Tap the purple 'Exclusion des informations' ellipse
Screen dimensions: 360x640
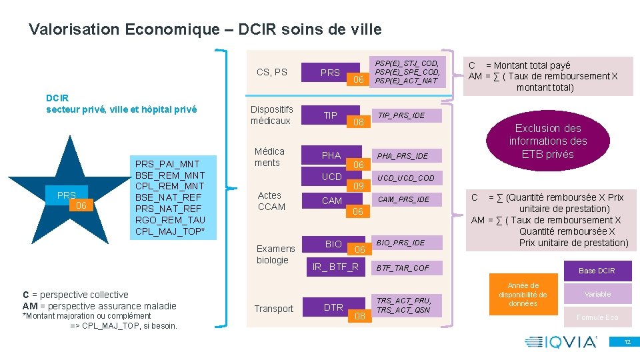[547, 141]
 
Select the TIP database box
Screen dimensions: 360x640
[331, 115]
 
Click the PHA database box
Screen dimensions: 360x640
[331, 155]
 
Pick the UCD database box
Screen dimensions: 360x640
[332, 177]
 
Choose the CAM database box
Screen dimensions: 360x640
[332, 200]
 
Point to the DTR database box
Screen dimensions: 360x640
[333, 307]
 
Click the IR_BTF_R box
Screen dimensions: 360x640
[336, 267]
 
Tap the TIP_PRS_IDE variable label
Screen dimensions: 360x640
[402, 115]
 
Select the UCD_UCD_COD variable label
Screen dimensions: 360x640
[407, 178]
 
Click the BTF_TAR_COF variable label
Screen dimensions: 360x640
[402, 268]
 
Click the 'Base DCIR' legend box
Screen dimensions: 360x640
[597, 270]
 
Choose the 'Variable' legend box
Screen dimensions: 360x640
[597, 294]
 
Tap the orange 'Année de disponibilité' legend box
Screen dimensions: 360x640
[523, 295]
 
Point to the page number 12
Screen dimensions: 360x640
[627, 342]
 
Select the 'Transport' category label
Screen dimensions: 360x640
[273, 309]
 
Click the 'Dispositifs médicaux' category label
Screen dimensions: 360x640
[272, 115]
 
